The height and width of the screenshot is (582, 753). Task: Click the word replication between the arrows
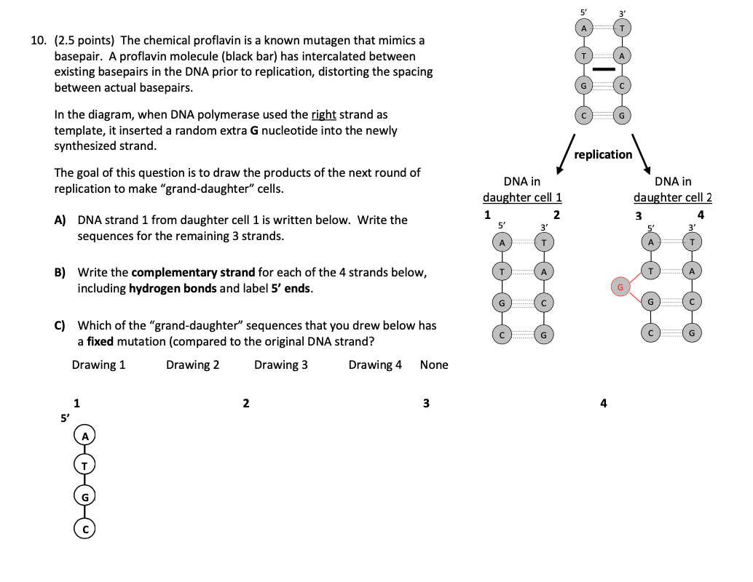603,154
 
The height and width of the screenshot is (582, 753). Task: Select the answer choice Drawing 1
98,364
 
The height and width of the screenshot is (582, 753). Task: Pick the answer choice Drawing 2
192,364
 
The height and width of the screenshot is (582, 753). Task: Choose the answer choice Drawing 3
280,364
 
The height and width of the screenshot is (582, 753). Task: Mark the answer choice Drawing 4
375,364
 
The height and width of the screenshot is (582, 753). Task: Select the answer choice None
434,364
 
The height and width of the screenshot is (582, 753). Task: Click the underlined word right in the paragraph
323,114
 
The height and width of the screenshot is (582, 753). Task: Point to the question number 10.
39,40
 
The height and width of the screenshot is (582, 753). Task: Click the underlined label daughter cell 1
522,197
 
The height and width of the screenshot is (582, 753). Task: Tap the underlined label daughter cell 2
672,197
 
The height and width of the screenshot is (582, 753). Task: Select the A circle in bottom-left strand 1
85,435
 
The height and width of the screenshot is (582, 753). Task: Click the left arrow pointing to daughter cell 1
565,155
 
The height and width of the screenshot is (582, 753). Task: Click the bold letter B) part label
60,272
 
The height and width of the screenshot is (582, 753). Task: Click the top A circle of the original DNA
583,28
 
